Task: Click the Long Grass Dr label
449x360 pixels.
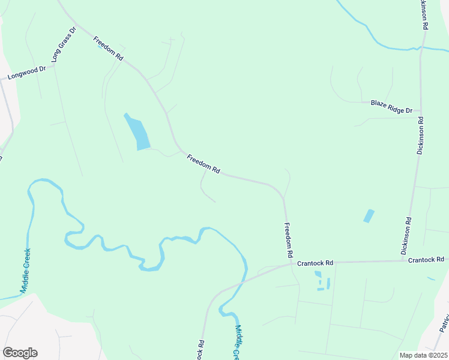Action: tap(64, 44)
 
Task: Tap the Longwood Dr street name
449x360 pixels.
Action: tap(26, 73)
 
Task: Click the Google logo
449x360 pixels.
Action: tap(20, 353)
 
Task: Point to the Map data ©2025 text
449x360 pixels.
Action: tap(423, 355)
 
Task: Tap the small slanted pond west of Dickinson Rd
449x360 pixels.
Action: tap(369, 216)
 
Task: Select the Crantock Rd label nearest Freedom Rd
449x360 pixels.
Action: tap(315, 263)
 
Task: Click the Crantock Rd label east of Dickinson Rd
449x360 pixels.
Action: tap(426, 260)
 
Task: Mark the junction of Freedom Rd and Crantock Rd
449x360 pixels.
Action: tap(290, 263)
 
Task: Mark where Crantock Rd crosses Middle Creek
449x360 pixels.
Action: tap(243, 280)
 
